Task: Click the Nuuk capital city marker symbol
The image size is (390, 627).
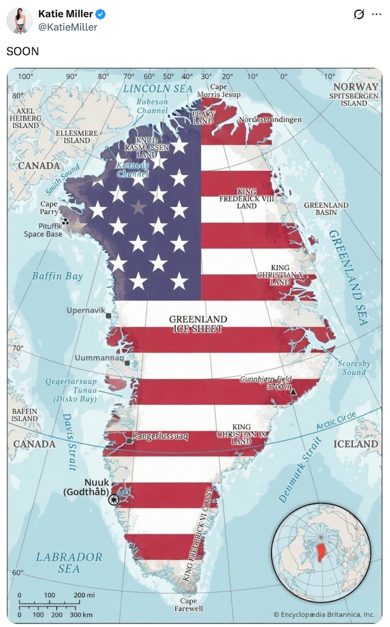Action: tap(114, 500)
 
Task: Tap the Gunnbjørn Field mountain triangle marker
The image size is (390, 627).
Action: tap(293, 392)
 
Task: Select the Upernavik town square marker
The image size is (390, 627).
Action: tap(108, 316)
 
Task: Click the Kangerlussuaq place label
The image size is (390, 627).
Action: tap(160, 436)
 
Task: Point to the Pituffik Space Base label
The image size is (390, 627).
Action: tap(43, 230)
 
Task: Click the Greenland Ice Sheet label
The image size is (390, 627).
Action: tap(198, 324)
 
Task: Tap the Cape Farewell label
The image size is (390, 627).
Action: tap(189, 605)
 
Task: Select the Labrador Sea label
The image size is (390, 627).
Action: tap(69, 562)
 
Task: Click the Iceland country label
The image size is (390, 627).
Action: tap(355, 444)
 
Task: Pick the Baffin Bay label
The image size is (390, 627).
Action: tap(58, 276)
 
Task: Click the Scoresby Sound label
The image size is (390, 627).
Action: tap(354, 368)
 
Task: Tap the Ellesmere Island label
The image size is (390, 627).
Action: tap(77, 137)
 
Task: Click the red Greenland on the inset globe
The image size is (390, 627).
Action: tap(321, 552)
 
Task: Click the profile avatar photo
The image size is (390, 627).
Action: tap(19, 20)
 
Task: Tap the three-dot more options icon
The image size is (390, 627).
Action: tap(376, 15)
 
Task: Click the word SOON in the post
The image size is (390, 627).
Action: tap(22, 51)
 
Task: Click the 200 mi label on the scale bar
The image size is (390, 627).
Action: tap(84, 595)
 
